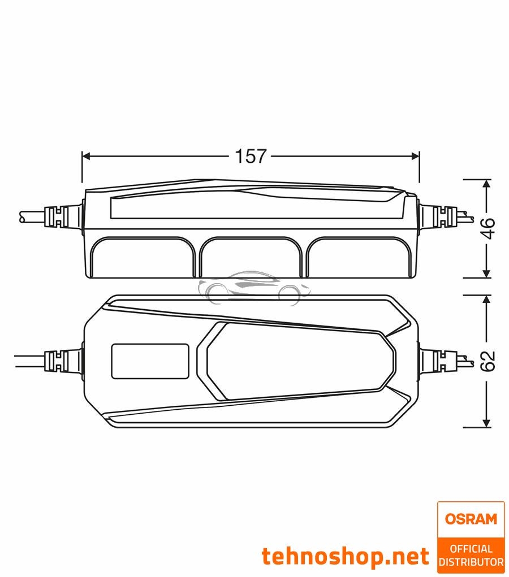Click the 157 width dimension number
pos(251,156)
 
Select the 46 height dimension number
pos(488,228)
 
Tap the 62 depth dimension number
pos(488,361)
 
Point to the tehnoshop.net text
pos(345,557)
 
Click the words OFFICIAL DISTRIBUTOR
pos(471,554)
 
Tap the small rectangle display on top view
pos(150,361)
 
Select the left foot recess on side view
pos(143,257)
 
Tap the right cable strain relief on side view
pos(439,216)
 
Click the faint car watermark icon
pos(255,288)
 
